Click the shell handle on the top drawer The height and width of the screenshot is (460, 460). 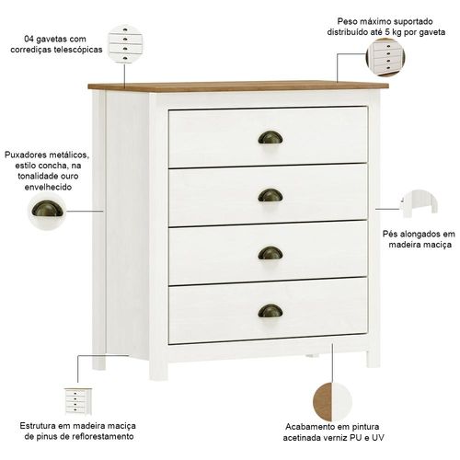[270, 138]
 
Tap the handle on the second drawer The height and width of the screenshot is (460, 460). [270, 195]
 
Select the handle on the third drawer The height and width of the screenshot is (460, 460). [270, 253]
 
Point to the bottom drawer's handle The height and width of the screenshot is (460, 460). [270, 311]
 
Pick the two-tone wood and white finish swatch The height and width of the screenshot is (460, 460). [332, 402]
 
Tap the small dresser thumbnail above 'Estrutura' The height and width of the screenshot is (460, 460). [78, 401]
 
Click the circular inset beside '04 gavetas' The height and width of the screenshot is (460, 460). [126, 44]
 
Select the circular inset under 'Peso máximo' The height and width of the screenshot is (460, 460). [385, 57]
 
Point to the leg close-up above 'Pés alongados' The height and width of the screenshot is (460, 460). [419, 203]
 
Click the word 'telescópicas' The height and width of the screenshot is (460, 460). [78, 50]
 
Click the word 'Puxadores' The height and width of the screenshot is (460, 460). [25, 155]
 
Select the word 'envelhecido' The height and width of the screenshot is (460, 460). [48, 187]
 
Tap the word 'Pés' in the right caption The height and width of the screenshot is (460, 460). [389, 234]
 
